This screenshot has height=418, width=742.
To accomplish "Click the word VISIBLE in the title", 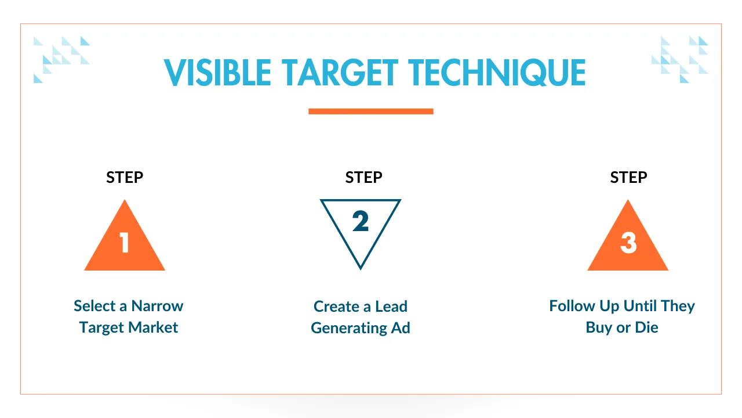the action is pos(217,73).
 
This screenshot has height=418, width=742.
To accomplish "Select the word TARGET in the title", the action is pos(340,73).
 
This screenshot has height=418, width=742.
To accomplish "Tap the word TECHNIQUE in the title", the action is pos(497,73).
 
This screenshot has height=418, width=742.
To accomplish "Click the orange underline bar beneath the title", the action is pos(370,111).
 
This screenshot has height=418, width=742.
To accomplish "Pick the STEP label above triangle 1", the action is pos(125,178).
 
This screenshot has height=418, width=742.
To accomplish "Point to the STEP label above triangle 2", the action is pos(363,178).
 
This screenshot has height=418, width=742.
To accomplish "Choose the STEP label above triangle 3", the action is pos(629,178).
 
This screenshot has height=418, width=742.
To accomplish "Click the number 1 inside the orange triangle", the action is pos(124,243).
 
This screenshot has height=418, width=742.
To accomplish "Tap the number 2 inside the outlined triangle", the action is pos(361,221).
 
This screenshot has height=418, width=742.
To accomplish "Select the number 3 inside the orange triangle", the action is pos(628,243).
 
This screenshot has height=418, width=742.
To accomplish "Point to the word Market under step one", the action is pos(153,327).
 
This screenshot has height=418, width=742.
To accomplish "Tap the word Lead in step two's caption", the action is pos(391,307).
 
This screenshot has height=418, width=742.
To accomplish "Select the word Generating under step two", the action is pos(349,328).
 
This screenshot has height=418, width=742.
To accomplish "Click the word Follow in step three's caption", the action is pos(572,306).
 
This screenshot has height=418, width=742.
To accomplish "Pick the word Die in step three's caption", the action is pos(646,327).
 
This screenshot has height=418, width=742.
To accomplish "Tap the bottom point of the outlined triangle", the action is pos(361,269).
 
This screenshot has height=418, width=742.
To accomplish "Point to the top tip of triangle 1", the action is pos(125,200).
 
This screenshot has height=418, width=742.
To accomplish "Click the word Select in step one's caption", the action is pos(94,306).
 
